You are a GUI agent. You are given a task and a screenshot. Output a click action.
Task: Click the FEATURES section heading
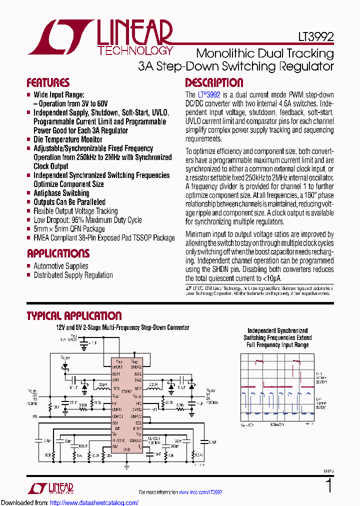click(48, 83)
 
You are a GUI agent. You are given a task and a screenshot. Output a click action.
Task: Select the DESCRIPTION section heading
click(214, 83)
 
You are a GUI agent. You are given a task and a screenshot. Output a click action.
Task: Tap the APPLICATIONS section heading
click(58, 253)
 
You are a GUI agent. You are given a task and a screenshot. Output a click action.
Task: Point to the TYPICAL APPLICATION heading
click(74, 316)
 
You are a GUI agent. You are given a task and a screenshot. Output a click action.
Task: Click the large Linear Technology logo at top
click(100, 38)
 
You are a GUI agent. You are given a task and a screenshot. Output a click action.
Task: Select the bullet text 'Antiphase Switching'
click(61, 193)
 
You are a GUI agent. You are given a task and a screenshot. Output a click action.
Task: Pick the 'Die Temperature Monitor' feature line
click(67, 139)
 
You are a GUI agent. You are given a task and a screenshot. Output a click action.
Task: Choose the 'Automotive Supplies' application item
click(60, 266)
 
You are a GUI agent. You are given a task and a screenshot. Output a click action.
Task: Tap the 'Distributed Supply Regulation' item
click(73, 275)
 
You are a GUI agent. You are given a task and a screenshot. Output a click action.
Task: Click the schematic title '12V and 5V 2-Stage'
click(122, 327)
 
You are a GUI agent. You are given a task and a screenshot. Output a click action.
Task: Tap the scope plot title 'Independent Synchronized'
click(277, 331)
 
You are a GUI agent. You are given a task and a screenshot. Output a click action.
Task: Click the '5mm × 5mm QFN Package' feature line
click(69, 229)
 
